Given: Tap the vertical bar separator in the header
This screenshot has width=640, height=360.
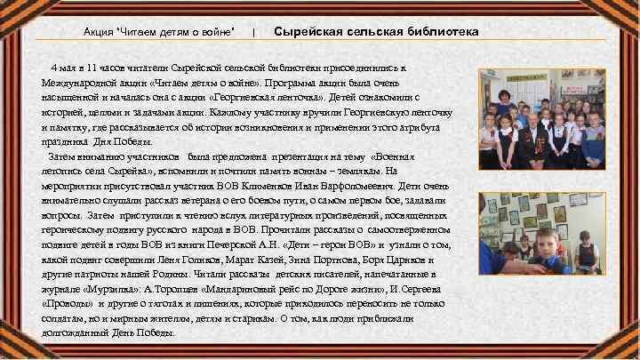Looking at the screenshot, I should click(x=255, y=33).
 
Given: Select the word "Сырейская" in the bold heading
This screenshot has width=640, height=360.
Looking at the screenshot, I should click(x=306, y=32).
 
